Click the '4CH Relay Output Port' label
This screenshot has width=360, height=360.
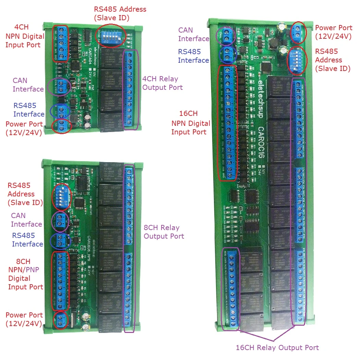[x=162, y=83]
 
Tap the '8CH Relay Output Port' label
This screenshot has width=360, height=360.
[x=164, y=232]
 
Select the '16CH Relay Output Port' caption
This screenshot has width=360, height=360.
[x=277, y=348]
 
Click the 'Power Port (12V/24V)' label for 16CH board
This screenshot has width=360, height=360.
[x=333, y=32]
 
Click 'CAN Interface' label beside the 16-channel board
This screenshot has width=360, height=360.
[x=193, y=34]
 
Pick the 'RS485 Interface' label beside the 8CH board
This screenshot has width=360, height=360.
[x=27, y=240]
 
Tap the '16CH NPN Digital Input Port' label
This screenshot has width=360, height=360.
[x=191, y=123]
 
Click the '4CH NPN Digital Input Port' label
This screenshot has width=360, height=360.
[x=24, y=36]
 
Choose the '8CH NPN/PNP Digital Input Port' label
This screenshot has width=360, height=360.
[x=25, y=274]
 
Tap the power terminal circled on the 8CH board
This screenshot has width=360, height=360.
[x=61, y=319]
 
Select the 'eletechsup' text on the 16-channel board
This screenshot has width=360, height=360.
[x=261, y=99]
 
